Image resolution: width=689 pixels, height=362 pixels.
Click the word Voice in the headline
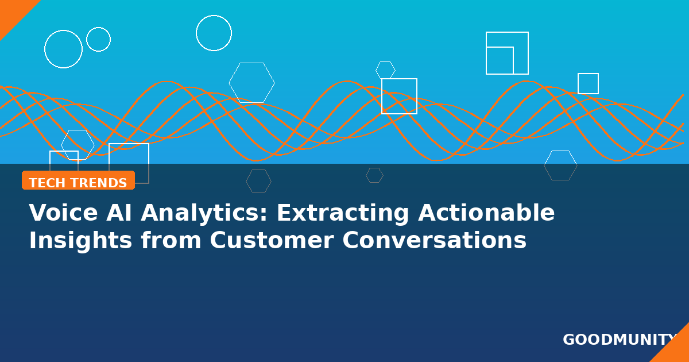(63, 213)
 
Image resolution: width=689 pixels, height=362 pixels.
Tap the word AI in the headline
(119, 213)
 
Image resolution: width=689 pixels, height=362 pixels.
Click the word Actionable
(486, 213)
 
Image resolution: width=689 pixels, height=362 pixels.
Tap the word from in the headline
(171, 240)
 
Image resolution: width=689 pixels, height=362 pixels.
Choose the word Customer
(272, 240)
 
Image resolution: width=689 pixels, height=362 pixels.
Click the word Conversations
(434, 240)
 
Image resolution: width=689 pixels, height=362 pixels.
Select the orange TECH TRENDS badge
(79, 180)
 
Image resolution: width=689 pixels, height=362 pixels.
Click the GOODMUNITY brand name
(620, 340)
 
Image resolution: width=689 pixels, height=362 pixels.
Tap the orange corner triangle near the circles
(12, 12)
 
